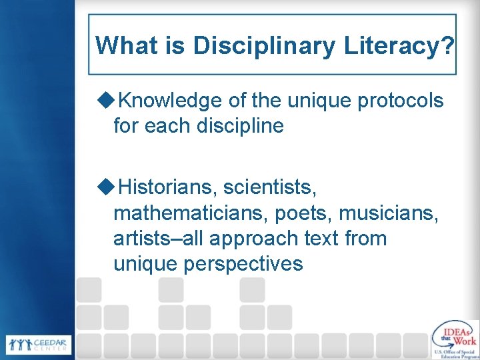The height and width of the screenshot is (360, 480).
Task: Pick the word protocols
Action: pos(401,101)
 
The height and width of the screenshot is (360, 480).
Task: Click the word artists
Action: pos(140,239)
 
